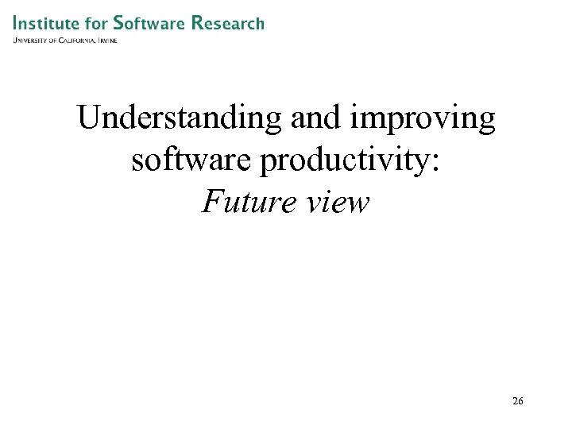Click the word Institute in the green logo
[44, 23]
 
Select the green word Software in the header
[149, 23]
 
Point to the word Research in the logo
[228, 23]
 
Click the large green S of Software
[118, 23]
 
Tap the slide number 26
[518, 401]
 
